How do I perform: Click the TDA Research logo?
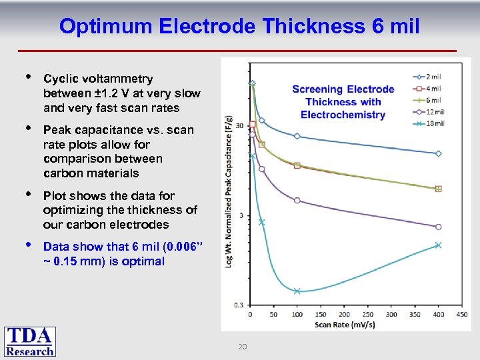[x=30, y=341]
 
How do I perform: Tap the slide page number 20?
[x=243, y=347]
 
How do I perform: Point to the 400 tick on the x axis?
[x=438, y=314]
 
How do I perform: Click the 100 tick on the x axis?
[x=297, y=314]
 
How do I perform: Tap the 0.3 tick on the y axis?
[x=240, y=305]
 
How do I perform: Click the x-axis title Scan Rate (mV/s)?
[x=344, y=325]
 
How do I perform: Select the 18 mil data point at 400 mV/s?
[x=438, y=245]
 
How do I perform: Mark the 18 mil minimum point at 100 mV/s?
[x=297, y=291]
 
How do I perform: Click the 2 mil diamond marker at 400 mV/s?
[x=438, y=153]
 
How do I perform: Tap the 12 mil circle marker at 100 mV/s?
[x=297, y=201]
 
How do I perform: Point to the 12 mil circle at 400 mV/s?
[x=438, y=227]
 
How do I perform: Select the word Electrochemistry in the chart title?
[x=343, y=115]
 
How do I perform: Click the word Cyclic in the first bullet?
[x=59, y=79]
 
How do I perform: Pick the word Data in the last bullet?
[x=55, y=247]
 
